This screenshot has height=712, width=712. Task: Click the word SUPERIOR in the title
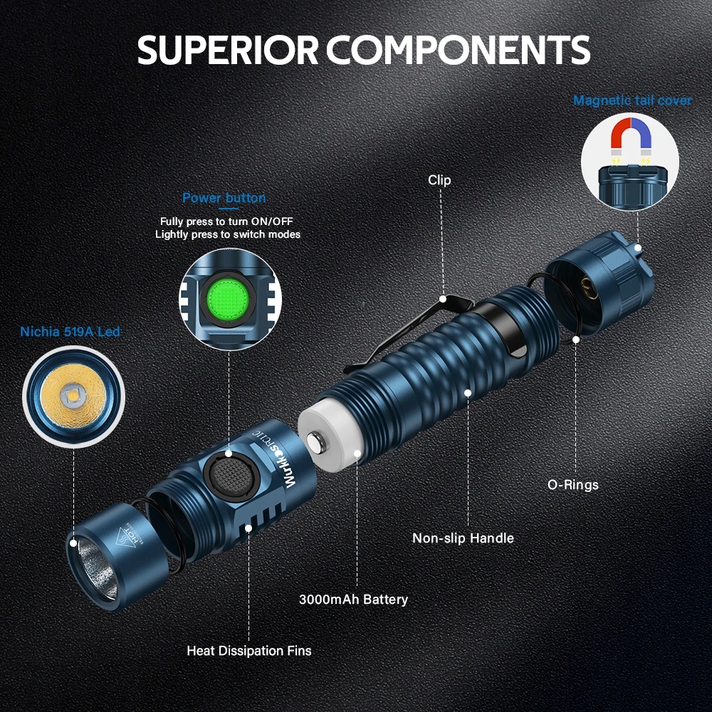[228, 50]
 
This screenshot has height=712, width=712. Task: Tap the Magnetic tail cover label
[632, 100]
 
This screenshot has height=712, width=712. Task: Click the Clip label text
[439, 180]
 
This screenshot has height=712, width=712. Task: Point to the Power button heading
[224, 198]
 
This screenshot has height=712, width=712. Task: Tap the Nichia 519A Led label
[70, 332]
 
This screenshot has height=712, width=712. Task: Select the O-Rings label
[572, 485]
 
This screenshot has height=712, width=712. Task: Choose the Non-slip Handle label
[463, 538]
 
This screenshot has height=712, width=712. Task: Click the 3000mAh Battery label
[353, 599]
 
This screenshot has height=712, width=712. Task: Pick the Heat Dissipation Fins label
[248, 650]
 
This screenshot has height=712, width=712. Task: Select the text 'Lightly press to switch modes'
[228, 234]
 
